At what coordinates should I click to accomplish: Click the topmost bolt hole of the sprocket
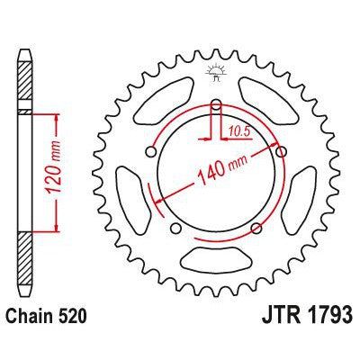(216, 103)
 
